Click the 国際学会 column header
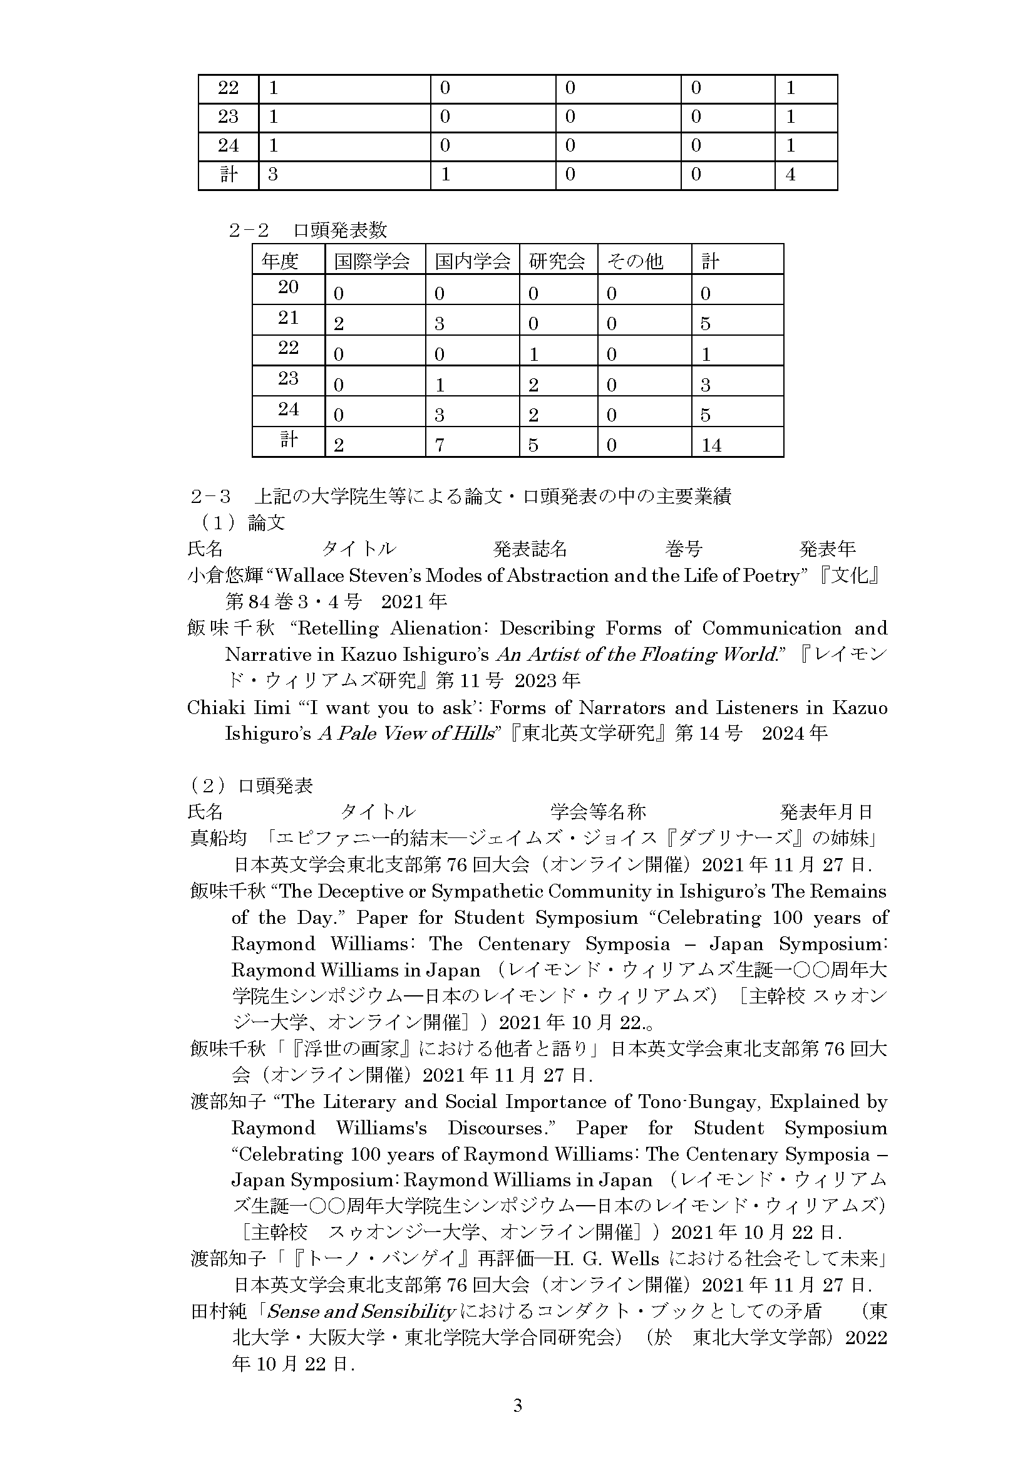click(372, 261)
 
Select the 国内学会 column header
click(473, 261)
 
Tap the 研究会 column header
click(557, 261)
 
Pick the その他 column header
click(635, 261)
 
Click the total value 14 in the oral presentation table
click(711, 445)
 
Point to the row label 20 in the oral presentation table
click(288, 287)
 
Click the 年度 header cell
click(279, 261)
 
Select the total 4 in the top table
click(790, 174)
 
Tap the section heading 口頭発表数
click(340, 230)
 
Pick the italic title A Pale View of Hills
click(407, 734)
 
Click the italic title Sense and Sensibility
click(361, 1311)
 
